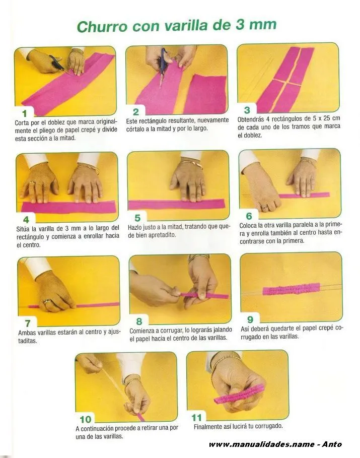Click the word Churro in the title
[102, 26]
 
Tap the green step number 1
[25, 113]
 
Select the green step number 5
[137, 218]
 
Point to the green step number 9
[250, 319]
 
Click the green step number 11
[196, 418]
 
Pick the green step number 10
[86, 419]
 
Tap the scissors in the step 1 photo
[57, 63]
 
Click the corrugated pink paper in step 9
[291, 289]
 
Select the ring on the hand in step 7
[47, 301]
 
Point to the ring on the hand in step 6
[264, 207]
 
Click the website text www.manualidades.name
[262, 444]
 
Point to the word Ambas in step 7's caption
[27, 333]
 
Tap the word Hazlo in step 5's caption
[135, 227]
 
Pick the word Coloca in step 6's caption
[248, 226]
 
